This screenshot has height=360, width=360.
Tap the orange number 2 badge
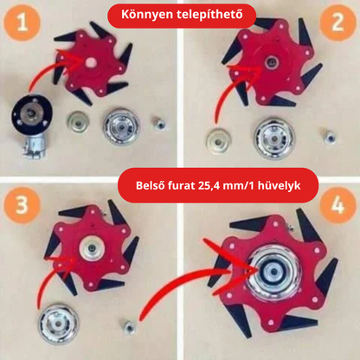click(334, 26)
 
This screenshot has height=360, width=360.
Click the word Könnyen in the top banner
click(148, 16)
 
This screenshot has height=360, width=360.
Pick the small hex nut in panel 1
click(161, 124)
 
